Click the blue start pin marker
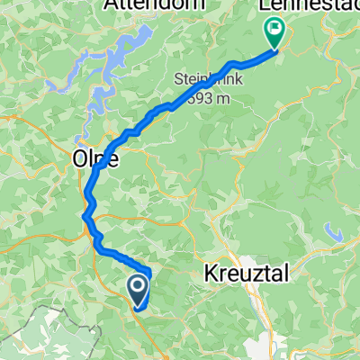click(x=138, y=290)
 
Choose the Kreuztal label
click(x=249, y=273)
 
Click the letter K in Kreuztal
click(x=213, y=273)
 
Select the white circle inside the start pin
click(x=138, y=286)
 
